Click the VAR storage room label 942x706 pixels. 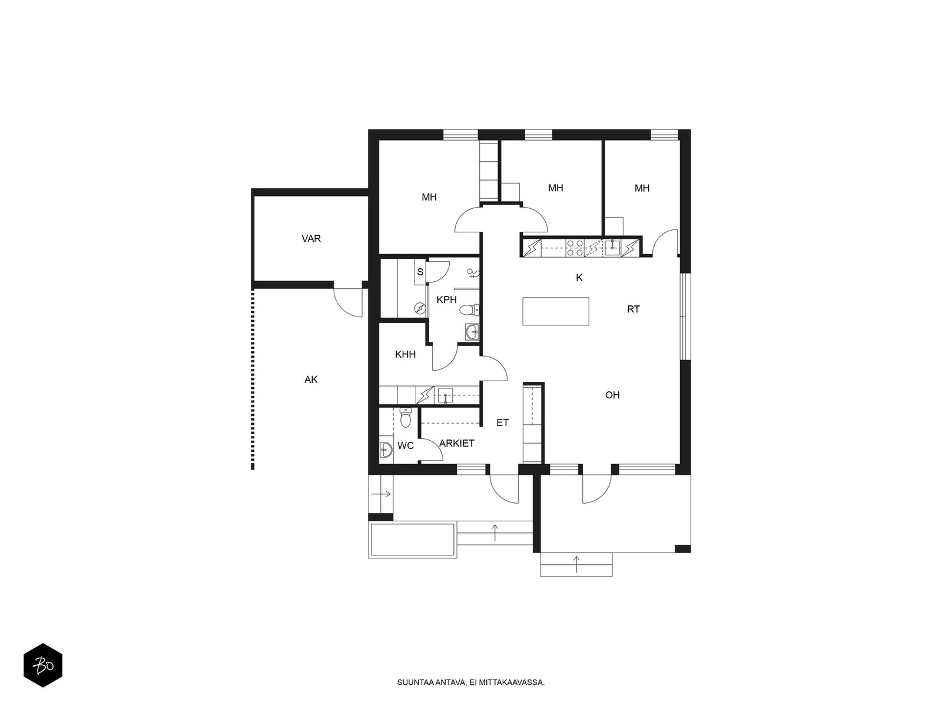click(x=311, y=239)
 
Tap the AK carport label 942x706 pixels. click(x=311, y=380)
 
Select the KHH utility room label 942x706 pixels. click(x=405, y=354)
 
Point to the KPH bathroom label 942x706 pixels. click(x=446, y=300)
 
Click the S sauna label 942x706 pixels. click(x=420, y=272)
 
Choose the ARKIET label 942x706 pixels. click(x=457, y=444)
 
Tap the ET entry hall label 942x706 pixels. click(x=502, y=422)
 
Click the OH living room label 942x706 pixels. click(x=612, y=395)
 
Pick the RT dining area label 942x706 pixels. click(x=633, y=309)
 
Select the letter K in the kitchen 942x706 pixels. click(x=579, y=278)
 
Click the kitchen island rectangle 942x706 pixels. click(x=555, y=311)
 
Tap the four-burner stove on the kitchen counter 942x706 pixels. click(x=575, y=248)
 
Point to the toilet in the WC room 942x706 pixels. click(x=405, y=418)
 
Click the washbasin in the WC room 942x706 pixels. click(x=386, y=450)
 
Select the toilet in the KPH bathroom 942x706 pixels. click(x=469, y=311)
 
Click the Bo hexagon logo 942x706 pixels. click(x=42, y=667)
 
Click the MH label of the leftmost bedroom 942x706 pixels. click(x=429, y=197)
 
